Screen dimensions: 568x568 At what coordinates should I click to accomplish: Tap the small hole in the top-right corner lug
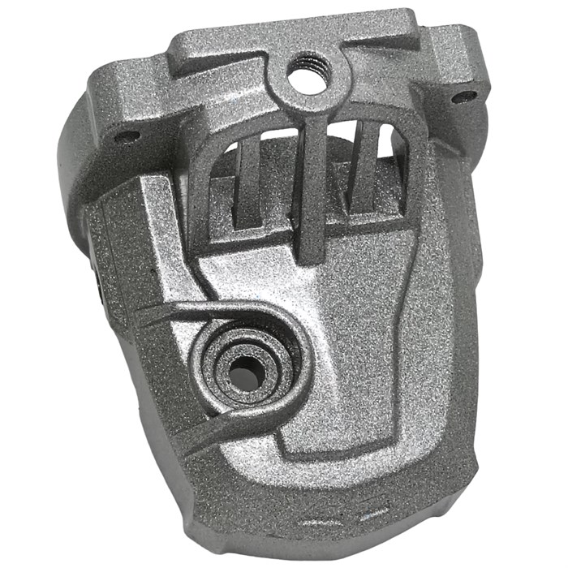click(465, 97)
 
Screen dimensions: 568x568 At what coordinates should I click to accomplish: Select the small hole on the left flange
click(125, 136)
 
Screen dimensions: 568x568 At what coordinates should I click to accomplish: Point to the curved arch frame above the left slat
click(219, 150)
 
